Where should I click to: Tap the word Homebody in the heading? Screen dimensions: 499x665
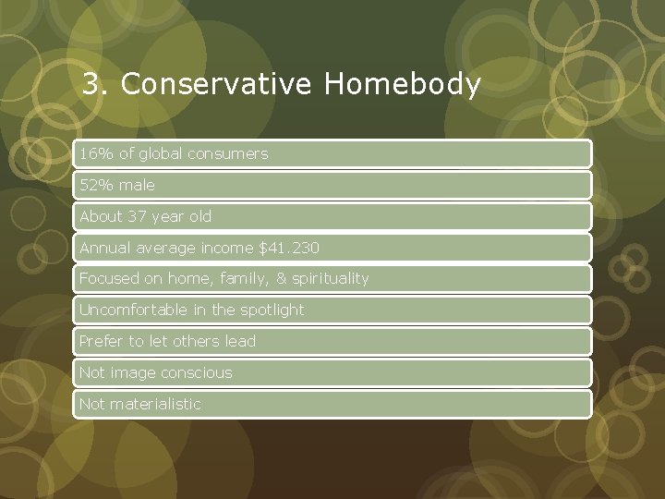click(403, 85)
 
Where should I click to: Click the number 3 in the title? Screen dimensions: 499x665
click(91, 85)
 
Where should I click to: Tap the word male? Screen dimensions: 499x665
click(137, 186)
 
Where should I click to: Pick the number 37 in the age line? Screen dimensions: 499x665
click(137, 217)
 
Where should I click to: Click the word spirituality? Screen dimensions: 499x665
click(331, 278)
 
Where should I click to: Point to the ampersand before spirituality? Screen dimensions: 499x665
click(282, 278)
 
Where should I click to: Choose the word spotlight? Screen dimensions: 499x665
click(272, 310)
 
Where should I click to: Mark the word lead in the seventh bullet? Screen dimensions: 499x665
click(239, 341)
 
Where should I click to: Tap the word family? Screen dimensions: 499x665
click(247, 278)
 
